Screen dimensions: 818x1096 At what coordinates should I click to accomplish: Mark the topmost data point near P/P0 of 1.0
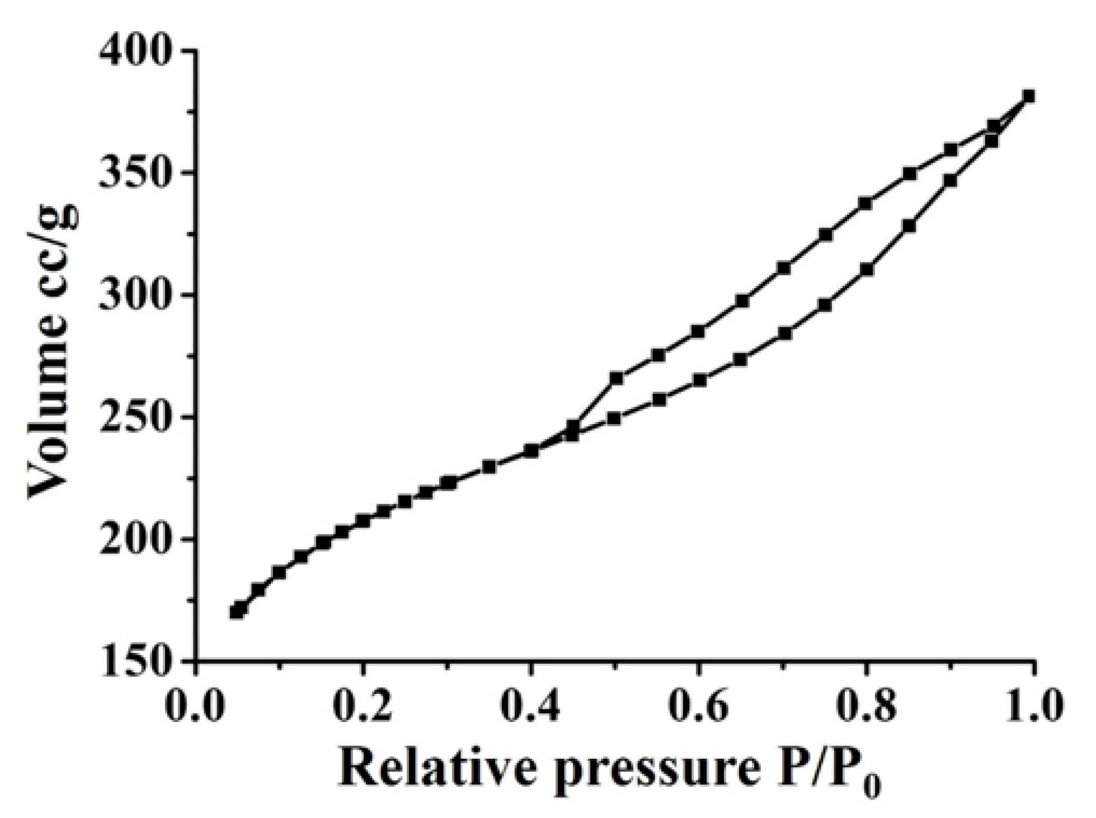click(x=1028, y=97)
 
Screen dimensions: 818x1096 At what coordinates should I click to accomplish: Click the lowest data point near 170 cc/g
click(x=237, y=612)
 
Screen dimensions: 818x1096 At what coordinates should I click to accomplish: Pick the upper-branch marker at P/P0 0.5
click(x=616, y=378)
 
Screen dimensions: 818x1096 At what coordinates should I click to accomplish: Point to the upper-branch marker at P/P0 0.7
click(x=784, y=268)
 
